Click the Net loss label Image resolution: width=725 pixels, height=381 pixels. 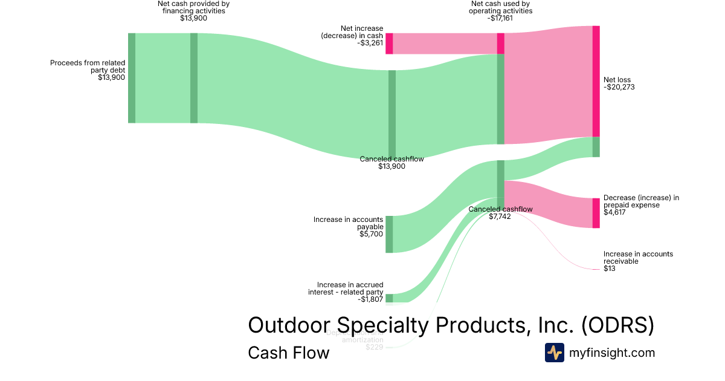616,80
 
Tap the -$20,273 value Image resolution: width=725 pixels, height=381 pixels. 619,87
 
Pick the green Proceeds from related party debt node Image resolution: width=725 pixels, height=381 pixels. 132,78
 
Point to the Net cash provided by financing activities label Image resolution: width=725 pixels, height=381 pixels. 193,7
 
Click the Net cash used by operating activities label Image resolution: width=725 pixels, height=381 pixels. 501,7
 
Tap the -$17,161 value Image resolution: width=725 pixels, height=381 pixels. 501,18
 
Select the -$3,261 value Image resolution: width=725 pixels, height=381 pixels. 370,44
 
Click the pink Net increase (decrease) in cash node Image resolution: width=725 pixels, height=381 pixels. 389,44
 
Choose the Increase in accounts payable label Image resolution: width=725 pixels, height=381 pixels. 348,223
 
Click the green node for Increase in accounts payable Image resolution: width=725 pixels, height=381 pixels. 389,233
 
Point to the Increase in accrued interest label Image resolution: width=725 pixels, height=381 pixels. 350,288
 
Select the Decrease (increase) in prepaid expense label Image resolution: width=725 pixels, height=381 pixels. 641,201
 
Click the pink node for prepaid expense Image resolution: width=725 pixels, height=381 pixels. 596,213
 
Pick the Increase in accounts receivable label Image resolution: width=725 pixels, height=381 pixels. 638,258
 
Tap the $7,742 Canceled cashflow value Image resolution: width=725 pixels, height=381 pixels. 500,217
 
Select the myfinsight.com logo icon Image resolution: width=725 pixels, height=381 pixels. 554,353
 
